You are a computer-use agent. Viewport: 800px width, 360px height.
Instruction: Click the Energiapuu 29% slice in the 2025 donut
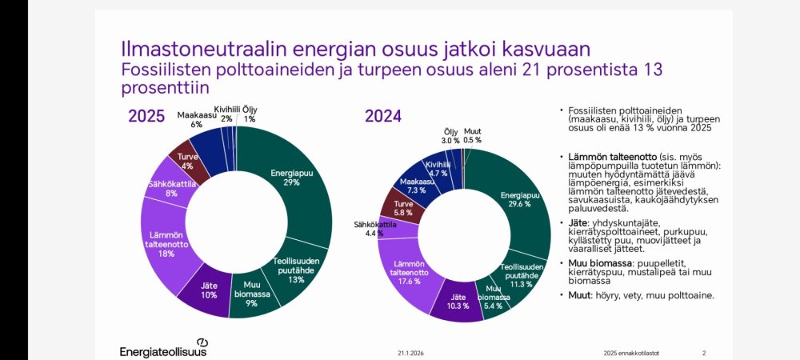(286, 178)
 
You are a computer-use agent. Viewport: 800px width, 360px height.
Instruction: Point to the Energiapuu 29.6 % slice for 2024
(515, 200)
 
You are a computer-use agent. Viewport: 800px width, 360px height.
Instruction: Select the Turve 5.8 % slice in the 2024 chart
(403, 208)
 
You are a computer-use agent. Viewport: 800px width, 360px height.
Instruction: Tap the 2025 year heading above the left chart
(147, 116)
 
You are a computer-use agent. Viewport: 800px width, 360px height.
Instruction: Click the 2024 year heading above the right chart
(383, 116)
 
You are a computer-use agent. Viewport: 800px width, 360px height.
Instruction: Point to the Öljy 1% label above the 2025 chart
(250, 114)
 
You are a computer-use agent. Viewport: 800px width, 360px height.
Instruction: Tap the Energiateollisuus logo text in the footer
(162, 351)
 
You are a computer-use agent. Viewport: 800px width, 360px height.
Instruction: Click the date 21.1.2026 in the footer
(410, 353)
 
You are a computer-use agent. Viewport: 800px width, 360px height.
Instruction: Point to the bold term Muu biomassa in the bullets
(600, 262)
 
